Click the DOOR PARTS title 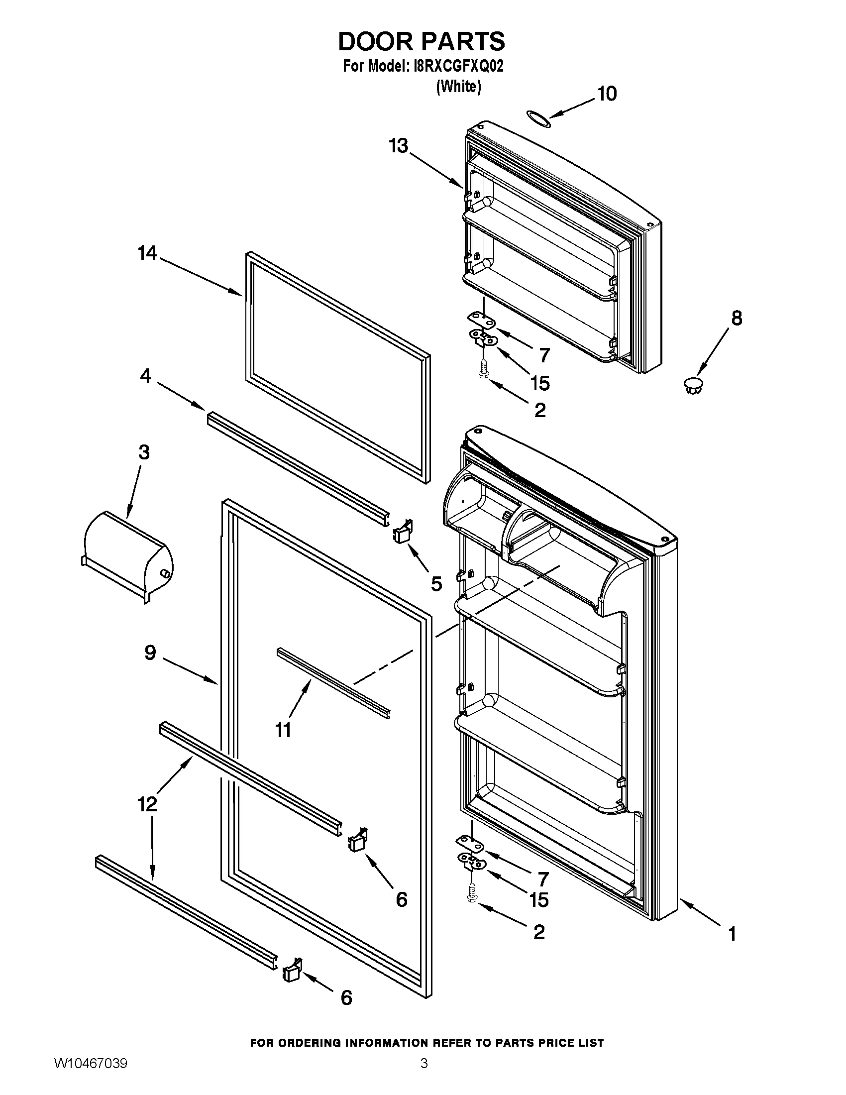click(422, 41)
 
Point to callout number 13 click(399, 146)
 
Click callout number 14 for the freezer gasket click(147, 253)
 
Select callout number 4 click(145, 375)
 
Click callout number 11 click(284, 731)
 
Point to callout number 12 click(147, 804)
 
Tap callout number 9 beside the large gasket click(150, 653)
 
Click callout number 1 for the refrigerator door click(732, 934)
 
